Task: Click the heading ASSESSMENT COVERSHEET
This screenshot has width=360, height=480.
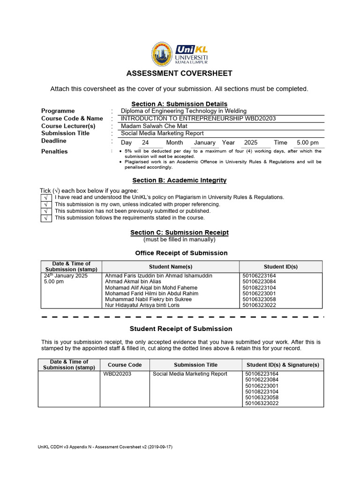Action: pos(180,74)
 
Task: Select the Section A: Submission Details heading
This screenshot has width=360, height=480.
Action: pos(180,104)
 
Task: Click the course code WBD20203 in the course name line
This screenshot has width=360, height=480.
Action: pos(260,119)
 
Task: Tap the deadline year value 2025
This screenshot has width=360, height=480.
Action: pos(251,142)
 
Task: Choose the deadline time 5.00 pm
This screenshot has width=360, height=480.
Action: pos(307,142)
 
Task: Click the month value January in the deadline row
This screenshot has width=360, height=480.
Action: pos(204,142)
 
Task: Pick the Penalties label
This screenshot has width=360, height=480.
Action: pos(54,151)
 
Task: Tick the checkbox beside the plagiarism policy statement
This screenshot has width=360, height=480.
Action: pos(46,198)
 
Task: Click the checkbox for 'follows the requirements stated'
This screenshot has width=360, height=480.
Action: pos(46,218)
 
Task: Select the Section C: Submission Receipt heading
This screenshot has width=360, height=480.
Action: pos(180,232)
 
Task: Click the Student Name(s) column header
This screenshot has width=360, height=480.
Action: pos(171,266)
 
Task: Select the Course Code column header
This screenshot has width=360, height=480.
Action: pos(125,365)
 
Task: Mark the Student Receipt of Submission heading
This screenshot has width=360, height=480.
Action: pos(181,329)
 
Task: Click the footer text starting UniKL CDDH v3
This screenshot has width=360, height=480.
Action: pos(105,447)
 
